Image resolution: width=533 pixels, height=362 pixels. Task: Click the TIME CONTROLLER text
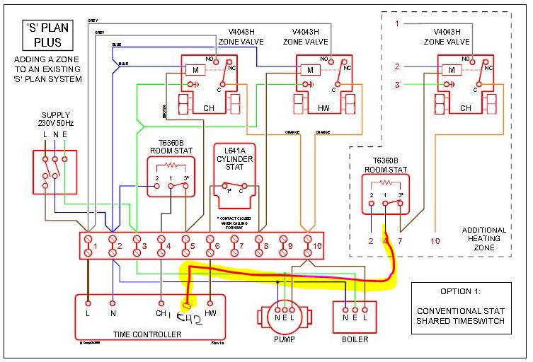[147, 334]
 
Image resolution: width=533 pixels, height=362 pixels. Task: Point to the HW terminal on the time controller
[211, 312]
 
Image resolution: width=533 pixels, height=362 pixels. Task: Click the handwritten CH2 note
[190, 320]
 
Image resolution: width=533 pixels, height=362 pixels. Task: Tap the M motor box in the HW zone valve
[309, 70]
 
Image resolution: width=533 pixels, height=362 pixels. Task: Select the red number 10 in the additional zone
[435, 241]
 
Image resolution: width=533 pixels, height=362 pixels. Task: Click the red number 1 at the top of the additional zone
[398, 24]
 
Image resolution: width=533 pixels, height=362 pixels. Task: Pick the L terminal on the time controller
[87, 312]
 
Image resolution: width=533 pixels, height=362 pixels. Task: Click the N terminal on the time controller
[113, 312]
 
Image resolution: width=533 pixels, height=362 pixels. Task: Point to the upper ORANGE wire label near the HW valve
[293, 132]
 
